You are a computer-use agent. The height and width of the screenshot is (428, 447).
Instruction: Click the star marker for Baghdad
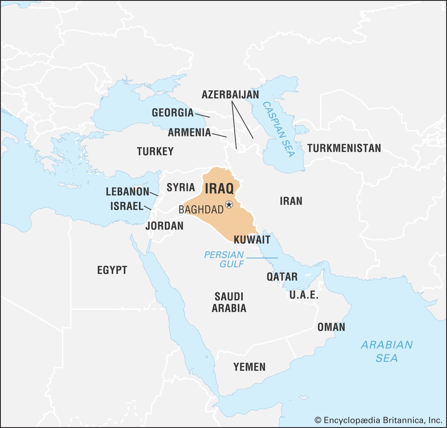coord(229,205)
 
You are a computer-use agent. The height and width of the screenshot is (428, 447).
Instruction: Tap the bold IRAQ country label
coord(219,189)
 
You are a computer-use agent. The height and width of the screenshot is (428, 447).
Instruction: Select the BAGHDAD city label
coord(201,210)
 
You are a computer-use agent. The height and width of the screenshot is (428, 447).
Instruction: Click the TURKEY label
coord(155,151)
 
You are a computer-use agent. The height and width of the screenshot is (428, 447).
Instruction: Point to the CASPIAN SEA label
coord(279,129)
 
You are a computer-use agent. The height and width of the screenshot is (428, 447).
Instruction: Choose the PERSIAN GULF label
coord(224,259)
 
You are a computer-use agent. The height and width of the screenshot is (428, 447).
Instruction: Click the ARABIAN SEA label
coord(387,351)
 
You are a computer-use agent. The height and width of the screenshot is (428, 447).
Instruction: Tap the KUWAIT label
coord(252,240)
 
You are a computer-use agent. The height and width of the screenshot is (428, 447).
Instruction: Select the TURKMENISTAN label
coord(344,148)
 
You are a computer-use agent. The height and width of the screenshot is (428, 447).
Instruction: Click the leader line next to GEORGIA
coord(202,115)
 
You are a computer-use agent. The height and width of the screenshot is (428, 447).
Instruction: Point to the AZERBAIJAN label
coord(230,95)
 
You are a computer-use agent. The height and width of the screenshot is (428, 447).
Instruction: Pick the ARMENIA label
coord(189,132)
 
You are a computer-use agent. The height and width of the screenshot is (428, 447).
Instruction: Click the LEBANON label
coord(128,192)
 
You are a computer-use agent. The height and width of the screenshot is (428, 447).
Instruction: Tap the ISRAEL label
coord(127,206)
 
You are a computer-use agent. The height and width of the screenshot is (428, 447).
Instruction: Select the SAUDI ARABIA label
coord(229,302)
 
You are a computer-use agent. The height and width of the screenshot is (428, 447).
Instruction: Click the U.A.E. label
coord(304,295)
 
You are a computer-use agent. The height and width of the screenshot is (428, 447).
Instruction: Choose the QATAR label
coord(282,277)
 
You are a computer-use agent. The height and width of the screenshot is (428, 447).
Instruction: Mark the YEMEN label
coord(249,367)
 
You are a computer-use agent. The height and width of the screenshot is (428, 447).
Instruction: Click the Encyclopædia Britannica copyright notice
coord(378,420)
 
